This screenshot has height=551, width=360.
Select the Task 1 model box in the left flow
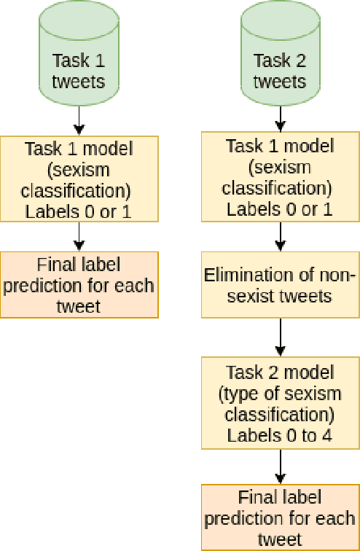[79, 179]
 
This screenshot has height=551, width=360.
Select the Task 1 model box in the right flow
[280, 177]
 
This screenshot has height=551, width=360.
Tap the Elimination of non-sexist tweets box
[280, 286]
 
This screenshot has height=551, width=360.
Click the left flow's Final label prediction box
[79, 284]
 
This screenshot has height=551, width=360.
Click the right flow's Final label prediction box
[280, 517]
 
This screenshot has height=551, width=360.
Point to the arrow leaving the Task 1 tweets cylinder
[79, 120]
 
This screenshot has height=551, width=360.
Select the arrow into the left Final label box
[79, 237]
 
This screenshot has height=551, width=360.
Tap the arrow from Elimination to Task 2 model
[280, 338]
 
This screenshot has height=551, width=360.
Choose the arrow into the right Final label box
[280, 466]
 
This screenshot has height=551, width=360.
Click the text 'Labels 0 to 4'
[280, 436]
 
